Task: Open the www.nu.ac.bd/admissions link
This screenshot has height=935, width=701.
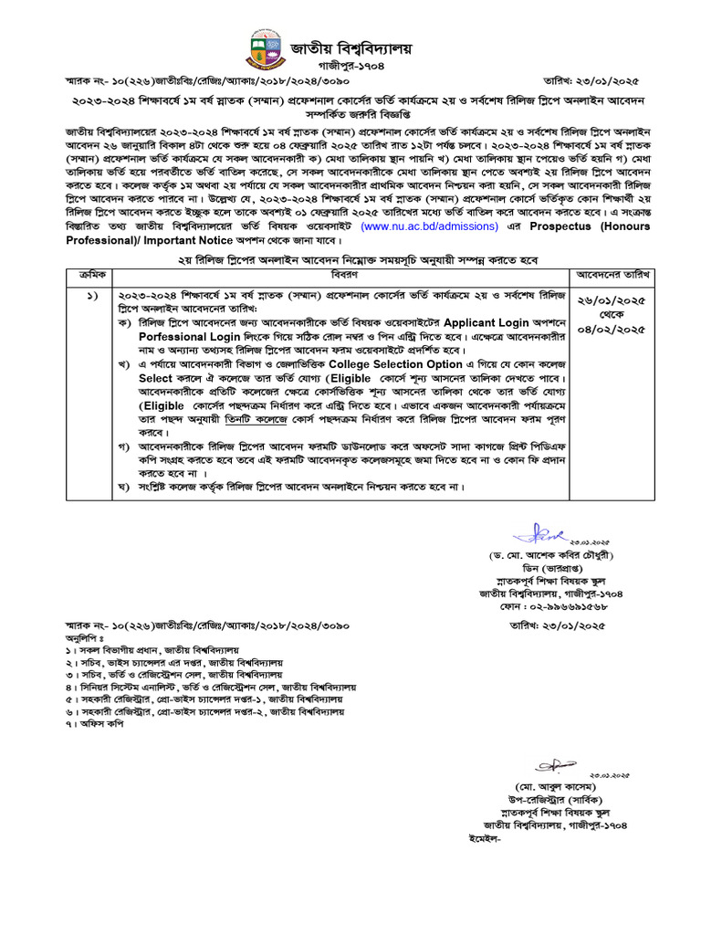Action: [x=428, y=226]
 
